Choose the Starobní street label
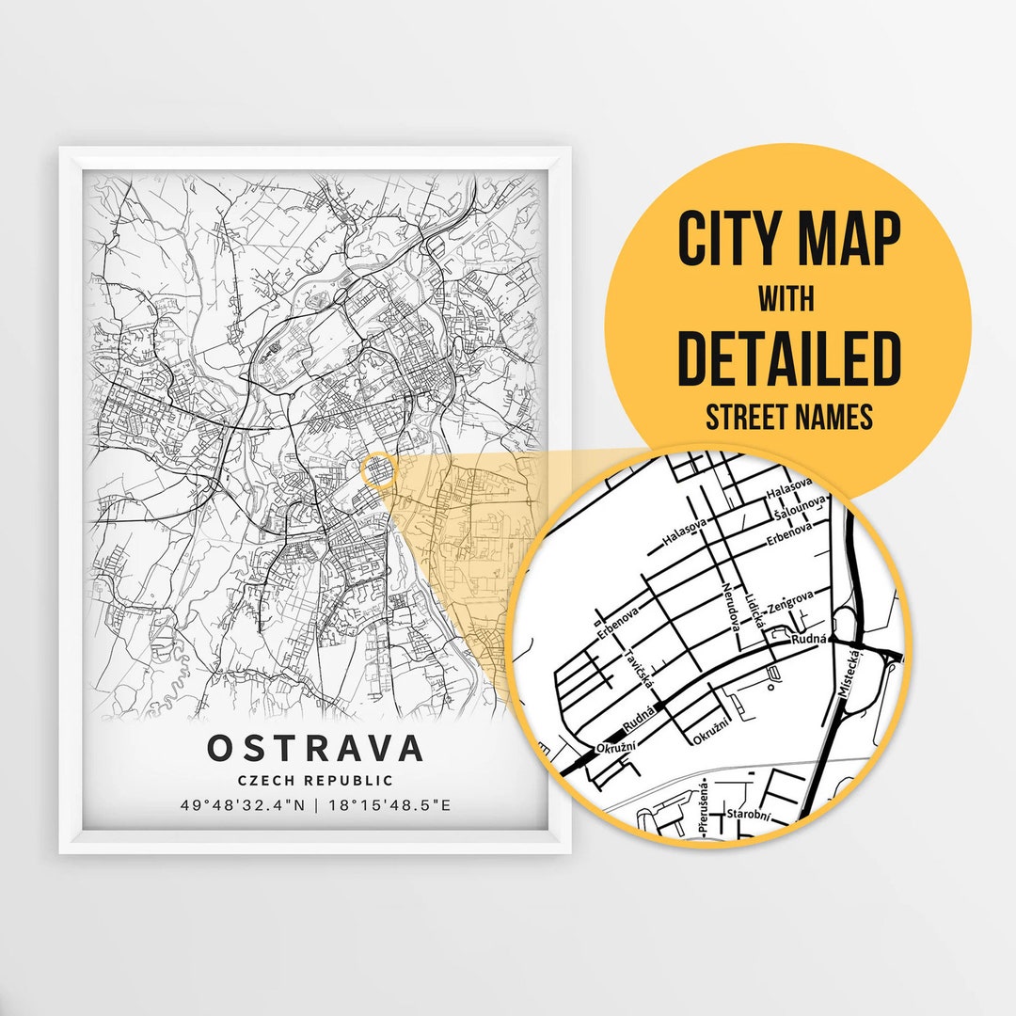click(x=748, y=815)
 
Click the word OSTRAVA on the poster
click(x=315, y=748)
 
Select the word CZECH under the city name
click(x=268, y=780)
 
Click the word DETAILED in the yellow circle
click(x=788, y=358)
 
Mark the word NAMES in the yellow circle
click(x=834, y=416)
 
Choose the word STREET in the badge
click(x=746, y=416)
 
